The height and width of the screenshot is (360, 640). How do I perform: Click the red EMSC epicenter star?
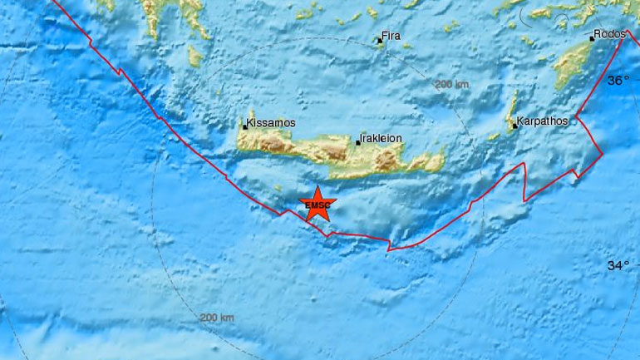point(317,205)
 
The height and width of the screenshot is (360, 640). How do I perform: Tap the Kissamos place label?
point(272,123)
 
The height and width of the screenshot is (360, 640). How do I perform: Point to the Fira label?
point(391,37)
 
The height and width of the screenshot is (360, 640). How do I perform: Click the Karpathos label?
point(542,121)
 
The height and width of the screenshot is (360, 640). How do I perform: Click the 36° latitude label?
point(618,80)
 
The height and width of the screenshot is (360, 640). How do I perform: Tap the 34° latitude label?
point(618,266)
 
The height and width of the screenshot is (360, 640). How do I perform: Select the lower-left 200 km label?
point(218,318)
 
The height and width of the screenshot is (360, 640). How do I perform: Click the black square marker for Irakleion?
point(358,143)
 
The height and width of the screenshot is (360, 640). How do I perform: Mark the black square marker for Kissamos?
point(245,126)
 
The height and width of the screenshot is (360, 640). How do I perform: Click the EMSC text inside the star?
point(317,205)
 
